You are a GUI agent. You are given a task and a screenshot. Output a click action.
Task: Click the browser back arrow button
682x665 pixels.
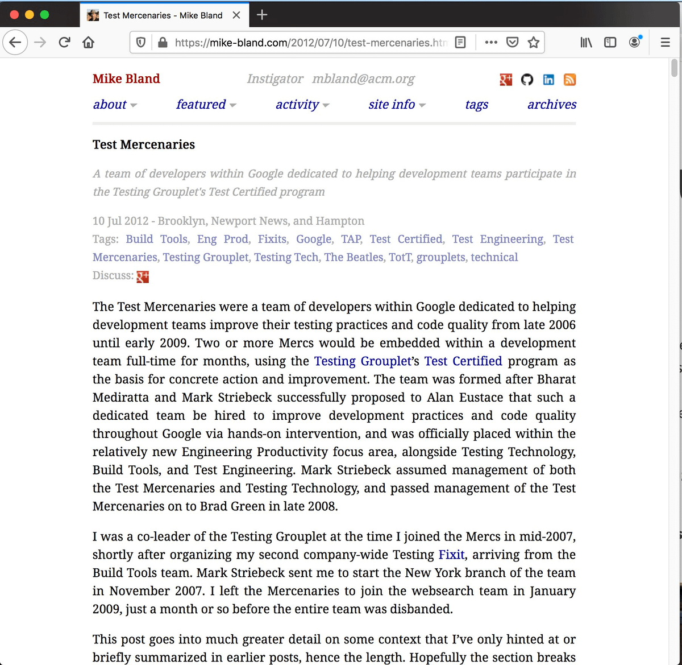pyautogui.click(x=15, y=43)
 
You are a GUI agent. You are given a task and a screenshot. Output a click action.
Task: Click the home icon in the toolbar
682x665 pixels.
pyautogui.click(x=88, y=43)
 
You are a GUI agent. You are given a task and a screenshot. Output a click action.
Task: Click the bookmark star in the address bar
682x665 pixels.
pyautogui.click(x=533, y=43)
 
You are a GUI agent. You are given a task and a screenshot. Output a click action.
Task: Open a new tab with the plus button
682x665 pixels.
pyautogui.click(x=262, y=15)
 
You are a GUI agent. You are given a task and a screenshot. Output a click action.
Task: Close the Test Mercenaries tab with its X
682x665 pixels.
pyautogui.click(x=236, y=15)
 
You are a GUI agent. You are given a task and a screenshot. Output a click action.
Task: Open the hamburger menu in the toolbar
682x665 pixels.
pyautogui.click(x=665, y=43)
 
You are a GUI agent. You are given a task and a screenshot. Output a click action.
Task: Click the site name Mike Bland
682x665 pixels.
pyautogui.click(x=126, y=79)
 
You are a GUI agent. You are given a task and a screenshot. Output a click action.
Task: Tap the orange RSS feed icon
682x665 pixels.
pyautogui.click(x=569, y=80)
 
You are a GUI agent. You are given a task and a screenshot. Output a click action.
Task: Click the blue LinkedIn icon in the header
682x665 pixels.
pyautogui.click(x=548, y=80)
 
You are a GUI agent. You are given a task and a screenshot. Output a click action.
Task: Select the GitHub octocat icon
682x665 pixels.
pyautogui.click(x=527, y=80)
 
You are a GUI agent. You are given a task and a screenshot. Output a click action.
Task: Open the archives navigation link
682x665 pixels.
pyautogui.click(x=551, y=105)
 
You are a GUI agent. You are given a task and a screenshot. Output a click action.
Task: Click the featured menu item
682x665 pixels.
pyautogui.click(x=201, y=105)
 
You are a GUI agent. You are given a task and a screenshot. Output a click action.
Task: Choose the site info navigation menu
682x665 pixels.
pyautogui.click(x=392, y=105)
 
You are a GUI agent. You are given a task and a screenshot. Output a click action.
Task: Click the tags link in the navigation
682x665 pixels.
pyautogui.click(x=476, y=105)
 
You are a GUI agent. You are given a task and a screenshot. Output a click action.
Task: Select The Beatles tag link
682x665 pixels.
pyautogui.click(x=354, y=257)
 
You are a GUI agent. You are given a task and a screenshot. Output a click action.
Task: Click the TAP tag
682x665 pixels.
pyautogui.click(x=351, y=239)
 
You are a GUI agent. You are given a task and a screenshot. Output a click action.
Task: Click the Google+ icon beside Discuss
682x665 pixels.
pyautogui.click(x=143, y=276)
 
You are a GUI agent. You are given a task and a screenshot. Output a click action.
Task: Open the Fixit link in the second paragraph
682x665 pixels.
pyautogui.click(x=451, y=555)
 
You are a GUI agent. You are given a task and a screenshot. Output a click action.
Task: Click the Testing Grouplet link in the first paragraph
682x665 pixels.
pyautogui.click(x=362, y=361)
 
